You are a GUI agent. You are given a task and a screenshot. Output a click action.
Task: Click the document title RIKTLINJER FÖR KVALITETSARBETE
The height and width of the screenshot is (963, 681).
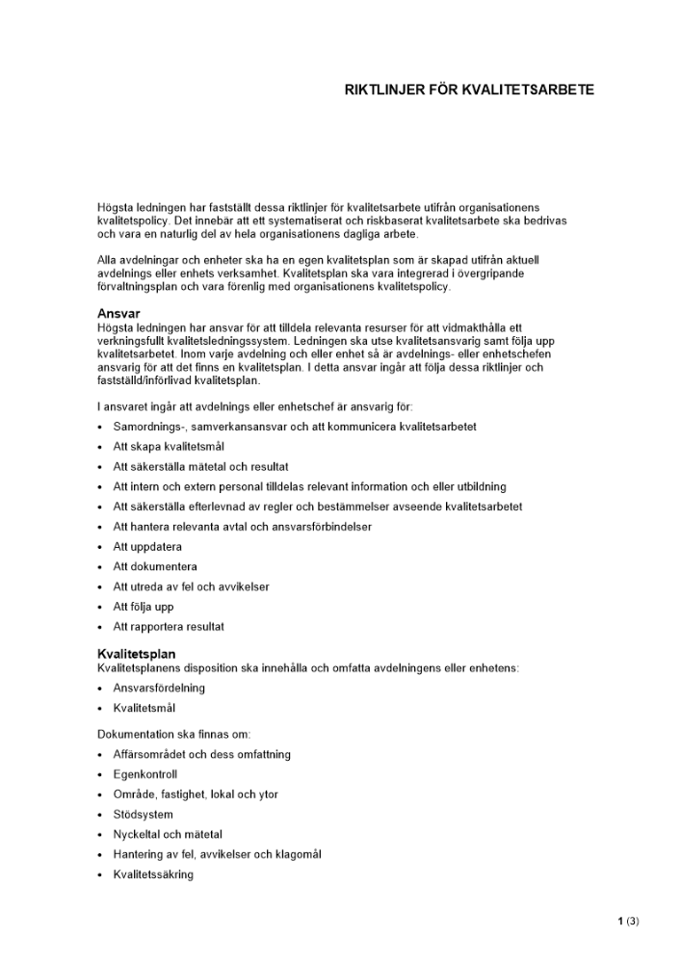pyautogui.click(x=469, y=91)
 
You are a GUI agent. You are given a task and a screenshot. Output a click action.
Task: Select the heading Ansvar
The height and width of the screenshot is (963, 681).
pyautogui.click(x=118, y=314)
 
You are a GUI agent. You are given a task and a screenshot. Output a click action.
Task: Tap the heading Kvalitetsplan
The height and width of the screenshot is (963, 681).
pyautogui.click(x=136, y=655)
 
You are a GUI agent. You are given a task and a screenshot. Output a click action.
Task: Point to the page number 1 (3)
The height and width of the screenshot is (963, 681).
pyautogui.click(x=628, y=921)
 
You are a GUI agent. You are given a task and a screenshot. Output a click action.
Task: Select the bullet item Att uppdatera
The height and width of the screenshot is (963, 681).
pyautogui.click(x=147, y=546)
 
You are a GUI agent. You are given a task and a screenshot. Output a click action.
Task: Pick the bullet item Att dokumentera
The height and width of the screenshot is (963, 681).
pyautogui.click(x=155, y=566)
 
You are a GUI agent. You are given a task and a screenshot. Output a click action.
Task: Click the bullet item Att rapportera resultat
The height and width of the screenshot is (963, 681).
pyautogui.click(x=169, y=627)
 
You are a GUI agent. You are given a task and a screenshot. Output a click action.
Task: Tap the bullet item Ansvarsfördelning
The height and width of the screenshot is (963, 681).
pyautogui.click(x=159, y=688)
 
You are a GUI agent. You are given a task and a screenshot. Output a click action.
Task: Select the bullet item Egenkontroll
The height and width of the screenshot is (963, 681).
pyautogui.click(x=145, y=774)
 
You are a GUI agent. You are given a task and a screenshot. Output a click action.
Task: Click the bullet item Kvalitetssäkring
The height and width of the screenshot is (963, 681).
pyautogui.click(x=153, y=874)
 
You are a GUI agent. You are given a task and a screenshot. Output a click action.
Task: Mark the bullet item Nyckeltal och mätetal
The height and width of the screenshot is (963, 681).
pyautogui.click(x=168, y=834)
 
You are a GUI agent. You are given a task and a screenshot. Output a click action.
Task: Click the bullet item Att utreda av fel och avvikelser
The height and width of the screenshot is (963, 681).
pyautogui.click(x=191, y=586)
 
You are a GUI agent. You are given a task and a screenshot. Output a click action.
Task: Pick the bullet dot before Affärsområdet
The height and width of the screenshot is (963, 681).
pyautogui.click(x=101, y=755)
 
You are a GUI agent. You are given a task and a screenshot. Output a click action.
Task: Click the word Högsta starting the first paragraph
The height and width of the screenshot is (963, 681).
pyautogui.click(x=116, y=207)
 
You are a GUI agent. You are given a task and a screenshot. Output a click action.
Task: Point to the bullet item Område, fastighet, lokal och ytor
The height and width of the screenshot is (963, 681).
pyautogui.click(x=196, y=794)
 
